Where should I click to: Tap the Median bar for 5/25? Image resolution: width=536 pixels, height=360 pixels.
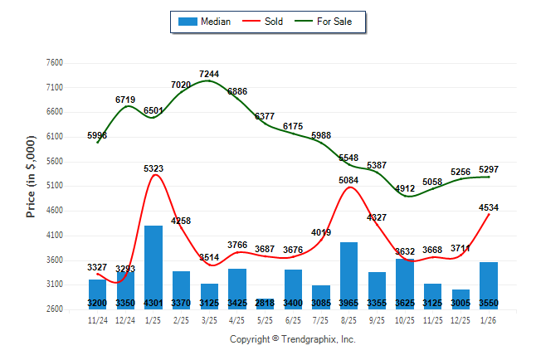pos(266,302)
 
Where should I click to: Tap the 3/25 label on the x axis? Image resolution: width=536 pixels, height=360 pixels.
pos(209,319)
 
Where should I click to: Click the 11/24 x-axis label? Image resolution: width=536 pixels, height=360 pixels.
pos(97,319)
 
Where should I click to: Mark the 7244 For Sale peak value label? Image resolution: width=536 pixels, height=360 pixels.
pos(209,75)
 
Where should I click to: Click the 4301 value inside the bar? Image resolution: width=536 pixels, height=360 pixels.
pos(153,304)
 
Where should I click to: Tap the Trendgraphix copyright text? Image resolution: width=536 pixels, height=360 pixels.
pos(292,339)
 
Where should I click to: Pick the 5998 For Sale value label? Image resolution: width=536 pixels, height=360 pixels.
pos(97,135)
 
